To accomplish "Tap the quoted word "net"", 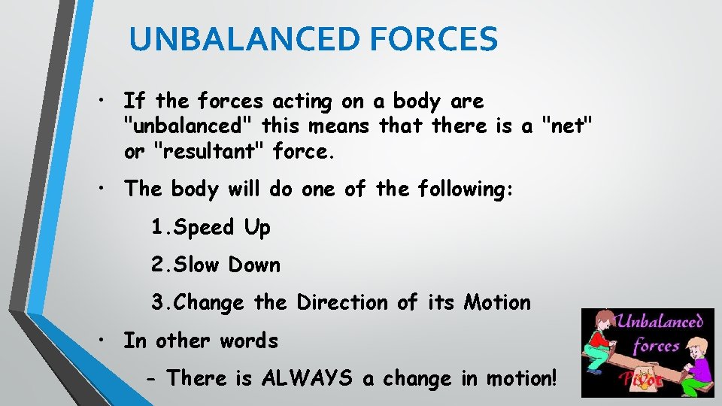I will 566,126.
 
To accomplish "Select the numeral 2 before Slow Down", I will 157,265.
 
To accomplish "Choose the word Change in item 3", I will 208,302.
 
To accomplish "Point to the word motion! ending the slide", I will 509,378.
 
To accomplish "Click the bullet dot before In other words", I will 99,341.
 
